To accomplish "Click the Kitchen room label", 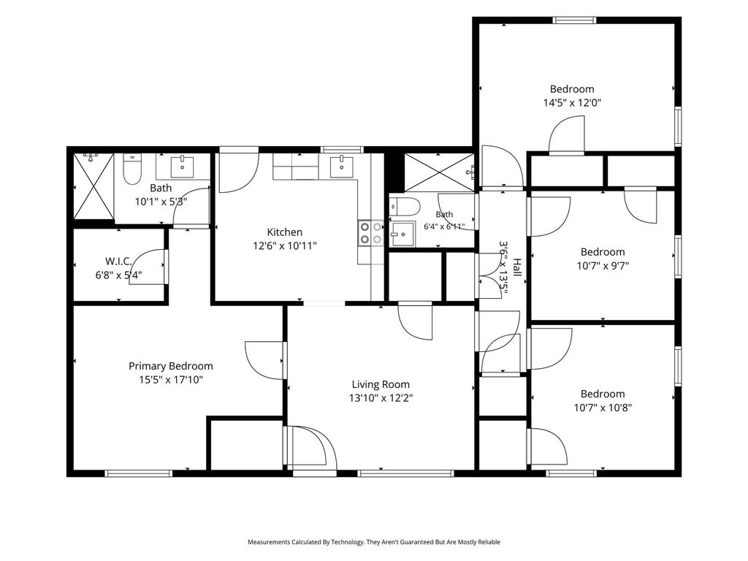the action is pyautogui.click(x=284, y=232).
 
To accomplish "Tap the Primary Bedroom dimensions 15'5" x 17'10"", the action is pyautogui.click(x=171, y=380).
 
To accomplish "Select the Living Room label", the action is pyautogui.click(x=381, y=384).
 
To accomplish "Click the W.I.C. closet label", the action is pyautogui.click(x=118, y=262).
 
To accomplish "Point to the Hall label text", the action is pyautogui.click(x=516, y=267).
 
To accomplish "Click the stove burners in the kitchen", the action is pyautogui.click(x=370, y=233).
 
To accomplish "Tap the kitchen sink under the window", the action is pyautogui.click(x=342, y=166).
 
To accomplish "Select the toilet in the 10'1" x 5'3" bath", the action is pyautogui.click(x=131, y=169).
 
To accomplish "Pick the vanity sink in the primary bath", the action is pyautogui.click(x=182, y=167).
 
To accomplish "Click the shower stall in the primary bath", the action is pyautogui.click(x=94, y=186).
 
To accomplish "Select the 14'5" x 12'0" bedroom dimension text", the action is pyautogui.click(x=572, y=102).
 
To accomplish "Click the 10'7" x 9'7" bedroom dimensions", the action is pyautogui.click(x=603, y=266).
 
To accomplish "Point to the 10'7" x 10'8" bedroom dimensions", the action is pyautogui.click(x=603, y=408).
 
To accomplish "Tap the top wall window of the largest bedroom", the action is pyautogui.click(x=574, y=20).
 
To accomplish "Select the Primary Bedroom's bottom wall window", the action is pyautogui.click(x=138, y=473).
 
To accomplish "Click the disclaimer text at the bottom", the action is pyautogui.click(x=374, y=542).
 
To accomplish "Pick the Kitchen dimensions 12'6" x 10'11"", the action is pyautogui.click(x=285, y=246).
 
